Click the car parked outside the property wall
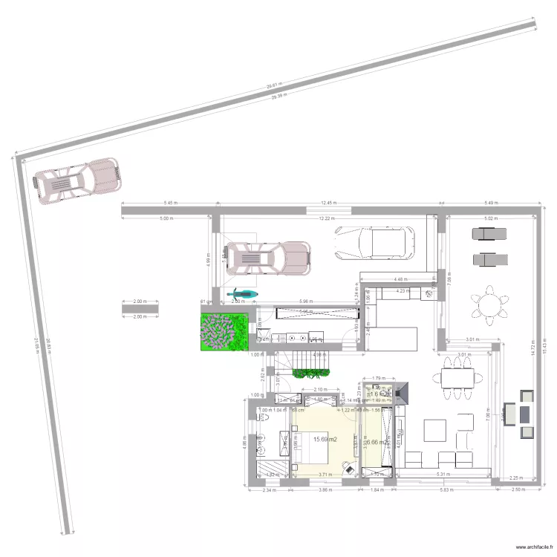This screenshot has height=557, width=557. click(x=77, y=180)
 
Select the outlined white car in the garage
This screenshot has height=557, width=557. click(x=374, y=243)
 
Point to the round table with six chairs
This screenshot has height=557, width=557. click(x=490, y=304)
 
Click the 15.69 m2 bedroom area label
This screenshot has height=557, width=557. click(x=325, y=440)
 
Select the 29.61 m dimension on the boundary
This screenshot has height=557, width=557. click(x=275, y=86)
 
